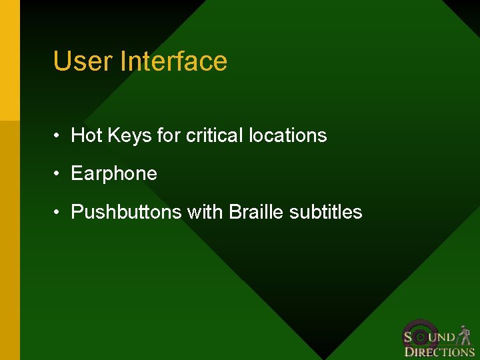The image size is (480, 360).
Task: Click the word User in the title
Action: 83,61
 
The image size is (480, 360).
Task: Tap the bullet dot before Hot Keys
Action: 59,135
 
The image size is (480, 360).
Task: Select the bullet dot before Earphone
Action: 59,174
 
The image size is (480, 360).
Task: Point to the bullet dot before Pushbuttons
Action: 59,213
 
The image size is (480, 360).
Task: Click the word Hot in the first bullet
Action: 86,135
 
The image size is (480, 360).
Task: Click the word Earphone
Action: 114,174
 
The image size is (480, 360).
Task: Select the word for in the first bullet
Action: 169,135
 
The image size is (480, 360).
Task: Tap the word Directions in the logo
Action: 439,352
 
